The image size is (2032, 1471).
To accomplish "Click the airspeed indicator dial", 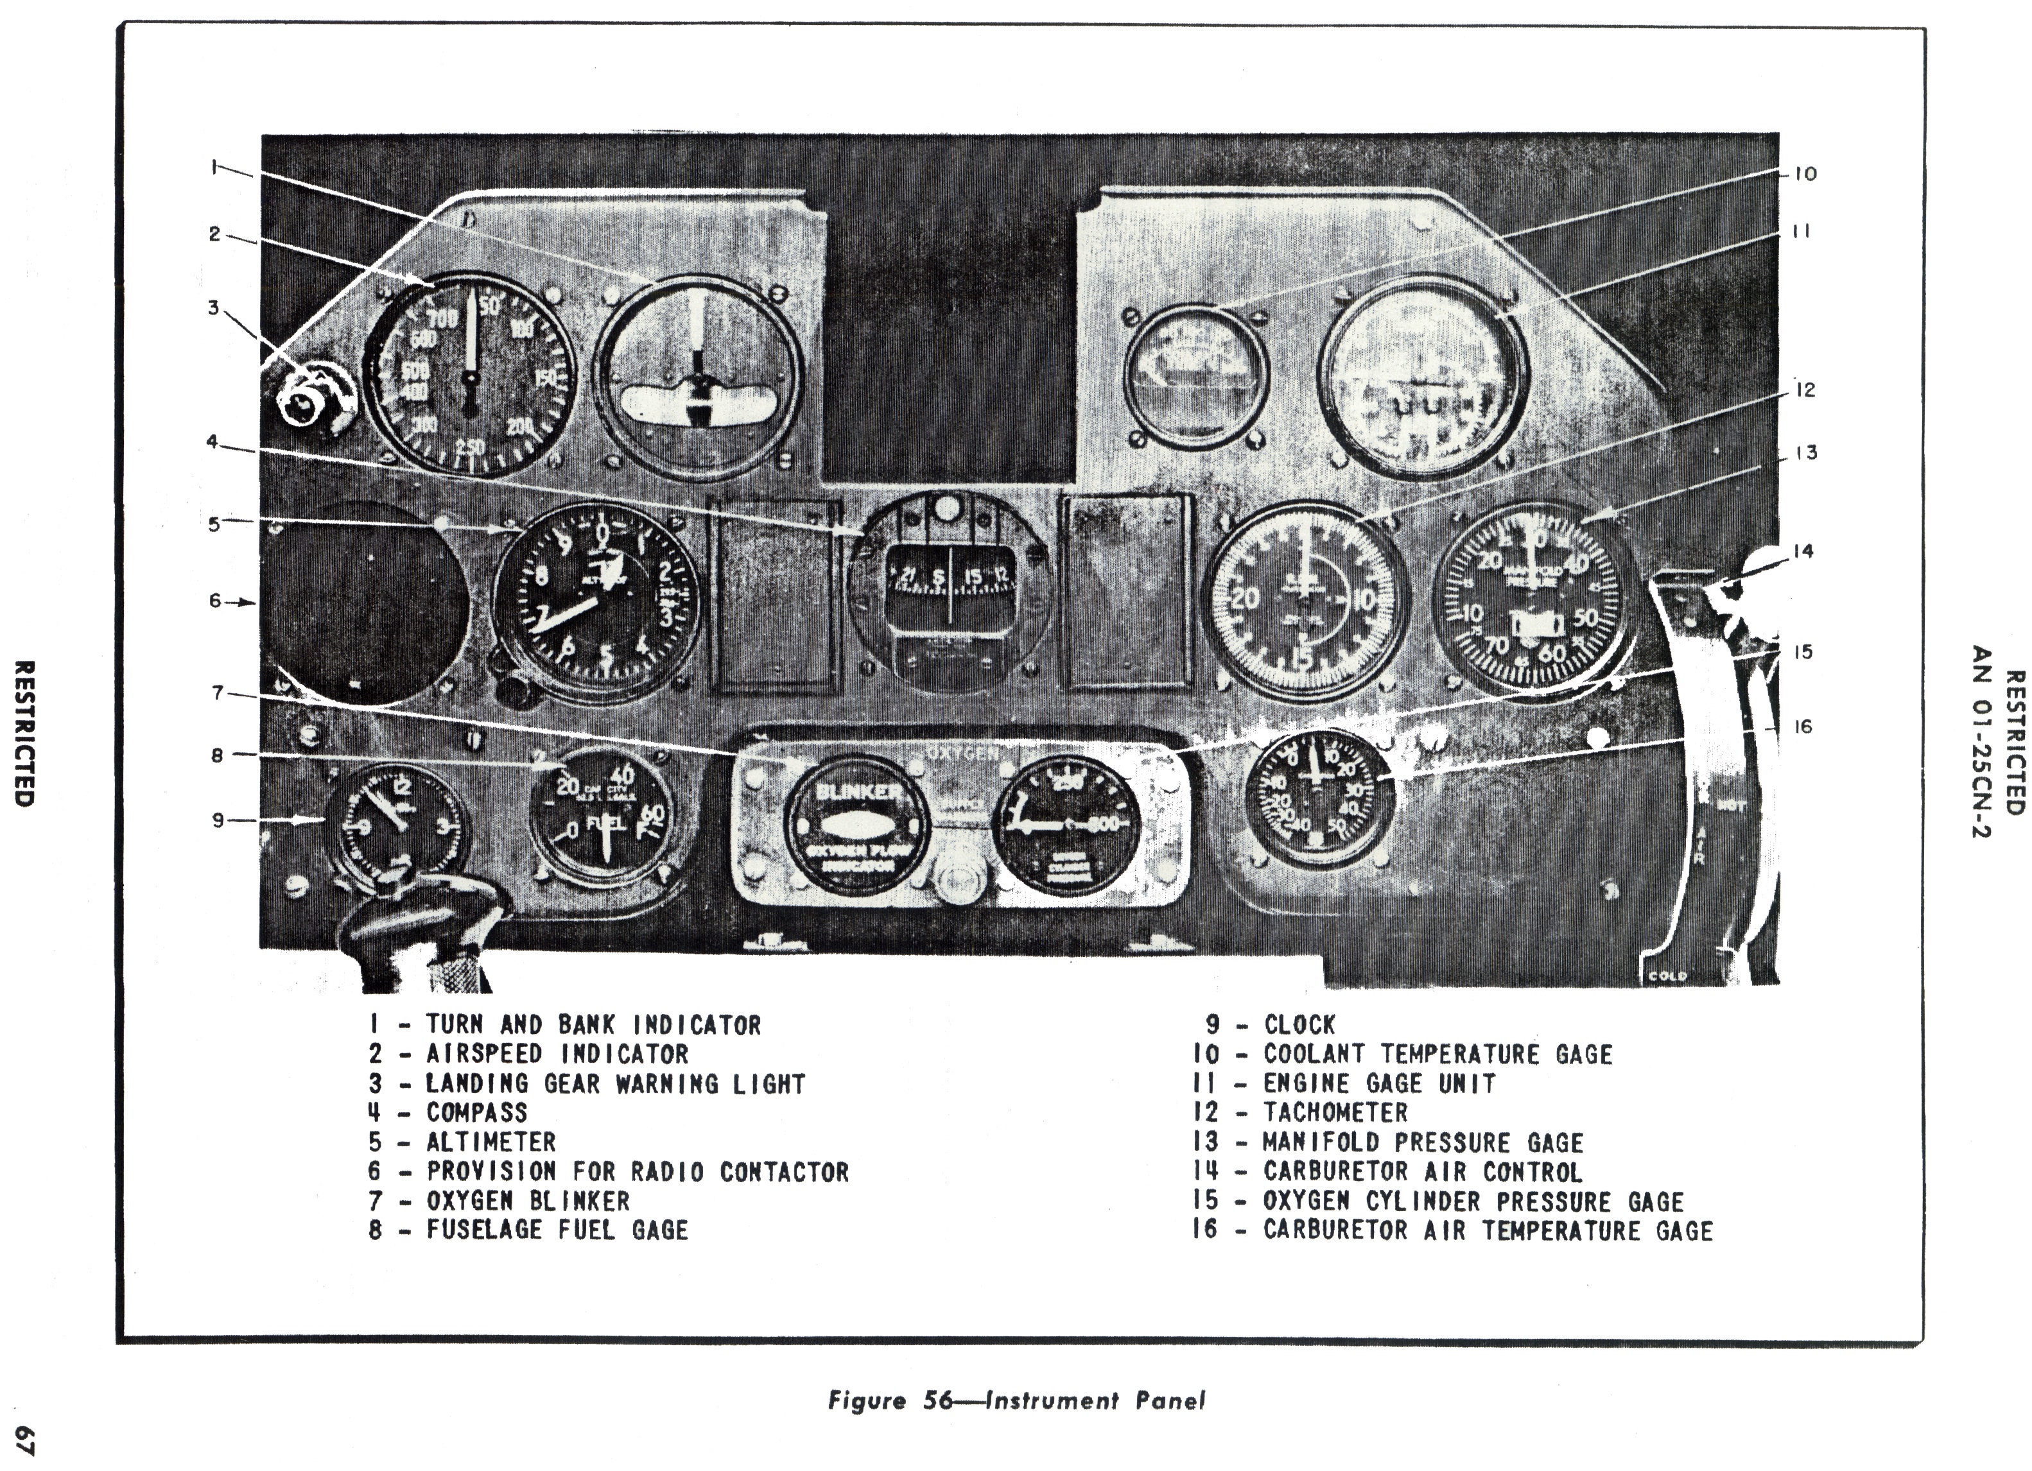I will (x=469, y=374).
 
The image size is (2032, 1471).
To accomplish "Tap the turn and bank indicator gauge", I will (x=699, y=374).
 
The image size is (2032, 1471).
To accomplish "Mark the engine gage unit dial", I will (x=1423, y=376).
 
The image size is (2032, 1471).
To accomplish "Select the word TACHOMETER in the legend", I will (x=1335, y=1113).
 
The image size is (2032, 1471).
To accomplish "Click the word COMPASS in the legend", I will (x=476, y=1113).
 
